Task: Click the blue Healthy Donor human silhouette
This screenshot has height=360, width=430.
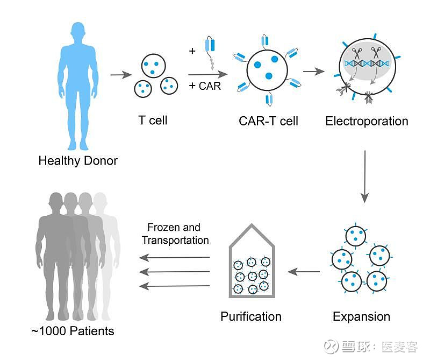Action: point(78,81)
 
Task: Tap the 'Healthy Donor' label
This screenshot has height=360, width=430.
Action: point(78,160)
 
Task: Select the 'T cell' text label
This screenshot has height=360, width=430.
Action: point(153,120)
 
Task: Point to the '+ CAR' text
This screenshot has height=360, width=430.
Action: point(205,86)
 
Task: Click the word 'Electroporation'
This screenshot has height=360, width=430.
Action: point(367,121)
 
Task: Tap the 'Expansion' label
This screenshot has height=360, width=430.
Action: point(361,316)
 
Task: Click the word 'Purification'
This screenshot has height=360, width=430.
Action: point(251,316)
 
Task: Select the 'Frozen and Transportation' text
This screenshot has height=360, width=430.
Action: point(175,234)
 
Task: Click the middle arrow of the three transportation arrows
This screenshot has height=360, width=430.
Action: point(178,272)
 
